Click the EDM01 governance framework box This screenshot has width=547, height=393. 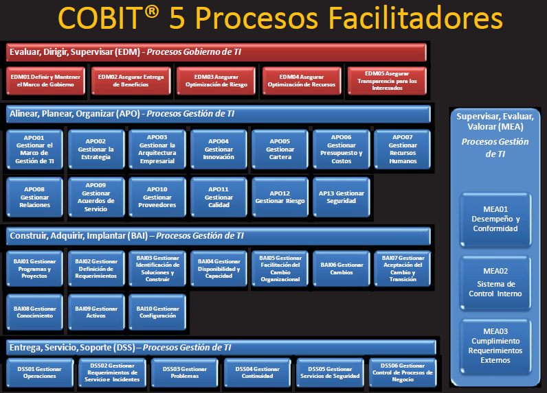[45, 81]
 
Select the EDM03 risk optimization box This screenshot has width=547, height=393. [216, 81]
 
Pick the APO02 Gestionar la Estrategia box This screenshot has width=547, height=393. [96, 149]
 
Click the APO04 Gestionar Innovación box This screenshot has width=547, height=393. [219, 149]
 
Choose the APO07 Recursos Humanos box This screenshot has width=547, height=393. [403, 149]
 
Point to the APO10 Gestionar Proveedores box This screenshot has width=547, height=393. [157, 197]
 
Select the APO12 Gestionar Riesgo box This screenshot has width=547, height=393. [280, 197]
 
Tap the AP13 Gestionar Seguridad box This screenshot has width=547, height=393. [341, 197]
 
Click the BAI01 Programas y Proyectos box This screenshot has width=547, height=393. [35, 269]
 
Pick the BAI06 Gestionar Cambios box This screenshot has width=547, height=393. [341, 269]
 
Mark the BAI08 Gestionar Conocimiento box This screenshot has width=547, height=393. [35, 313]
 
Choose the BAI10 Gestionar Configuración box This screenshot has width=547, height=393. [157, 313]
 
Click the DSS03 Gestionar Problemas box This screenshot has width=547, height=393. [185, 372]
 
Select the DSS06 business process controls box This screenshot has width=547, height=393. [402, 372]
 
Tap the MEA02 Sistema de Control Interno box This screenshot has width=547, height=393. [495, 283]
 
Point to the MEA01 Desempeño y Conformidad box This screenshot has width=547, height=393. [495, 219]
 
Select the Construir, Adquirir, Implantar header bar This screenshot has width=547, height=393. [219, 236]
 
